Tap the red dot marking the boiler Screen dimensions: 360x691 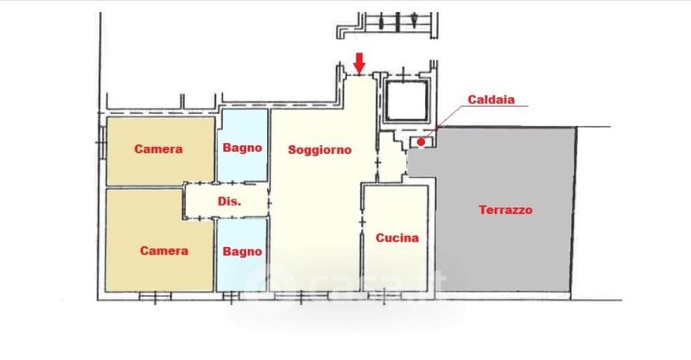pyautogui.click(x=421, y=142)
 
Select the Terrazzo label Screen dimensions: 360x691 pyautogui.click(x=505, y=210)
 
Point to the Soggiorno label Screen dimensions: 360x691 pyautogui.click(x=320, y=149)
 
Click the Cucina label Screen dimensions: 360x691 pyautogui.click(x=397, y=237)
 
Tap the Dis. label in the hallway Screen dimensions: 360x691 pyautogui.click(x=229, y=201)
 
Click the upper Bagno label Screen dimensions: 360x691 pyautogui.click(x=242, y=149)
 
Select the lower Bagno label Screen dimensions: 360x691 pyautogui.click(x=242, y=251)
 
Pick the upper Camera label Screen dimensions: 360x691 pyautogui.click(x=158, y=149)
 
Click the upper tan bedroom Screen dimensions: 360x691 pyautogui.click(x=160, y=168)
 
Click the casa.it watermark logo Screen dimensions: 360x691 pyautogui.click(x=350, y=283)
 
